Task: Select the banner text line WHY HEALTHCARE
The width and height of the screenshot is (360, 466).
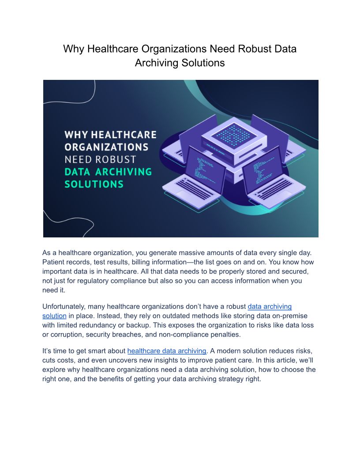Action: coord(110,134)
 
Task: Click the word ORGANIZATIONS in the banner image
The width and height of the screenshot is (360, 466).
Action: coord(106,146)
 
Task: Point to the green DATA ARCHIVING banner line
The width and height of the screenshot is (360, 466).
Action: coord(108,171)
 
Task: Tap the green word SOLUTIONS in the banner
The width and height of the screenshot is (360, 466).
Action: coord(94,184)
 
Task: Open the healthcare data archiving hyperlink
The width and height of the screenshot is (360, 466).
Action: coord(167,351)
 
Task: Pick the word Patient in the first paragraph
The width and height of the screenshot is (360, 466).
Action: coord(54,262)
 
